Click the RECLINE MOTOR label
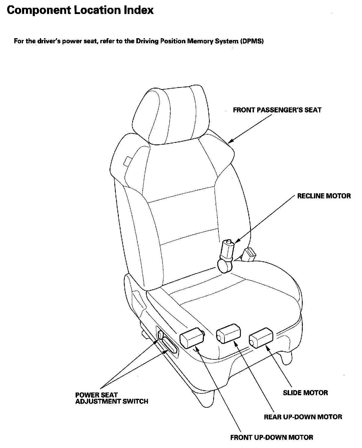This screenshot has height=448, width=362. pos(324,196)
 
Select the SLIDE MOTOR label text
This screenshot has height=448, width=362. pos(305,393)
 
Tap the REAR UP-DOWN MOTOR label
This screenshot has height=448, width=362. pos(303,417)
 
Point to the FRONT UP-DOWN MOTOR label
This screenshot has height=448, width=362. pos(271,438)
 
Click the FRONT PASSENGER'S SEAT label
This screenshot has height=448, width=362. pos(277,110)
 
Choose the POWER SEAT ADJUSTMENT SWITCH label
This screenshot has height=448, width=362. pos(111,398)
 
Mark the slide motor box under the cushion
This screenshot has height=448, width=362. pos(261,338)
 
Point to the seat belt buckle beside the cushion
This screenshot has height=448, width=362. pos(249,254)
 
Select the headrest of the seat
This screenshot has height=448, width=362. pos(169,115)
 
